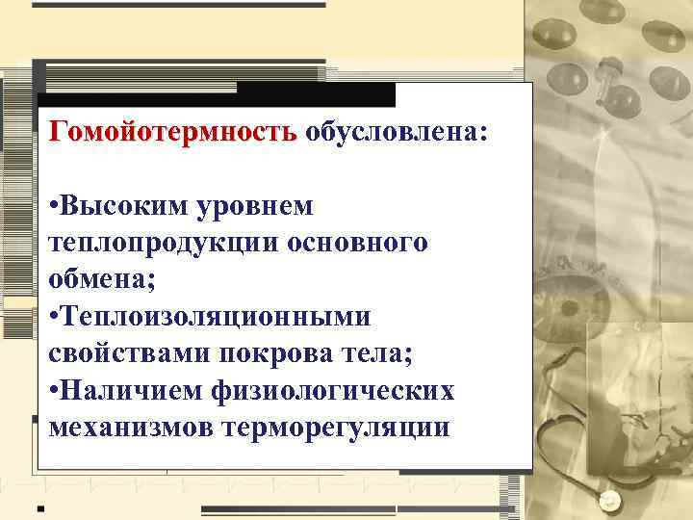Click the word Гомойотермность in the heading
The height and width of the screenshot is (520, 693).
(173, 131)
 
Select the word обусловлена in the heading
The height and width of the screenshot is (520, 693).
(396, 131)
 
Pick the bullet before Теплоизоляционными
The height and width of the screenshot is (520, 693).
(54, 317)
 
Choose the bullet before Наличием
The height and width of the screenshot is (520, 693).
(54, 390)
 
